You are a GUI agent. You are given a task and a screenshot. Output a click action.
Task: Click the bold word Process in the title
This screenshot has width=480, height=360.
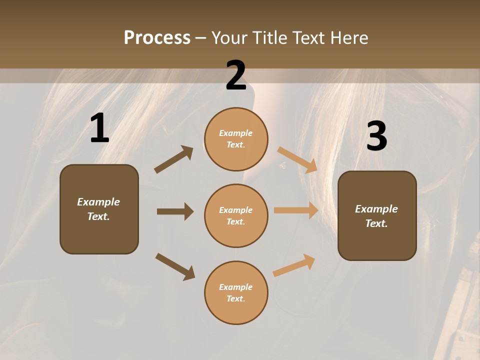[x=157, y=38]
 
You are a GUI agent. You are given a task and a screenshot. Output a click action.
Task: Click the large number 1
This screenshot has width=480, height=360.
[x=99, y=128]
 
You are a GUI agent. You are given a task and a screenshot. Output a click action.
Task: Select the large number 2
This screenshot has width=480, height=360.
[x=236, y=75]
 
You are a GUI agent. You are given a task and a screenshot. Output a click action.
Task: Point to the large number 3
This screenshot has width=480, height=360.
[x=376, y=136]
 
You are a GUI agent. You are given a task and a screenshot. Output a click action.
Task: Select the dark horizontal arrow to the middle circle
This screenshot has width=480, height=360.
[x=175, y=211]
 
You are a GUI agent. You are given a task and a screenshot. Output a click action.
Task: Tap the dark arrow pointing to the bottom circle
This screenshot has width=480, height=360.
[x=175, y=266]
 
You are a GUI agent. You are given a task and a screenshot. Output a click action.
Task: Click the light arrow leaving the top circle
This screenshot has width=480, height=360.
[x=297, y=159]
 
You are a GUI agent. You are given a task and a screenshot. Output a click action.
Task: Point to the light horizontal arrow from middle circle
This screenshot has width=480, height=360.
[x=296, y=210]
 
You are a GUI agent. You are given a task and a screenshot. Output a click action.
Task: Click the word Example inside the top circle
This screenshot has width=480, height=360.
[x=236, y=133]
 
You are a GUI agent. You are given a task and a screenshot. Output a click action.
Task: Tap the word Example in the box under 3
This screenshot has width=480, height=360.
[x=376, y=209]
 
